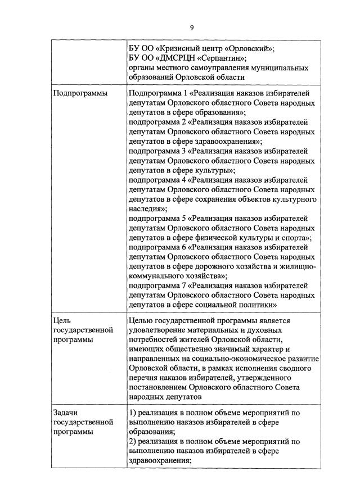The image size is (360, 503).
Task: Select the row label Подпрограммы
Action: (x=80, y=93)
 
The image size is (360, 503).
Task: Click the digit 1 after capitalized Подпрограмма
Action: (x=184, y=93)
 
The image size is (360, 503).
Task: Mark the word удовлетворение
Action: (x=160, y=330)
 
